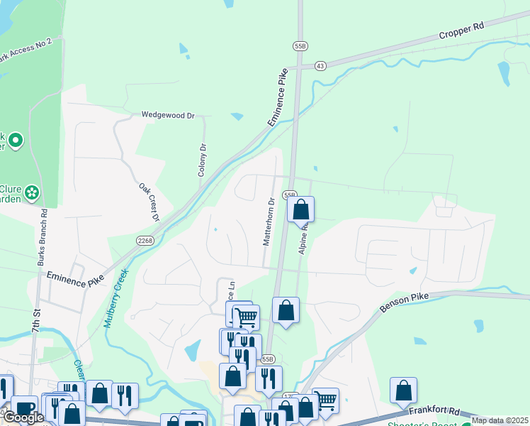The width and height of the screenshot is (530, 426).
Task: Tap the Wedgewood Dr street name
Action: [x=167, y=114]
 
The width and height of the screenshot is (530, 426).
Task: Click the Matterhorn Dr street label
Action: [x=269, y=222]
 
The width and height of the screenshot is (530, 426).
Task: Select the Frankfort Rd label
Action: [x=434, y=411]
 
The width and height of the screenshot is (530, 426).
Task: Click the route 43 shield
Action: [x=321, y=66]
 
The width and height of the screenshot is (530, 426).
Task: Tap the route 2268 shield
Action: [x=145, y=240]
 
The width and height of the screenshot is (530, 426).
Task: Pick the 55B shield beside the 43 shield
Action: [x=299, y=45]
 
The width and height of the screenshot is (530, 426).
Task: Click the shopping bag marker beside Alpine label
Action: [x=300, y=209]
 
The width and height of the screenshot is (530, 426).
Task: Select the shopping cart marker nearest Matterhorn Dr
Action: [x=246, y=317]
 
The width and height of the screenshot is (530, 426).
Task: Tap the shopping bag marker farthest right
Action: [x=403, y=390]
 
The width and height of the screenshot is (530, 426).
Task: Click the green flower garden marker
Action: [x=31, y=192]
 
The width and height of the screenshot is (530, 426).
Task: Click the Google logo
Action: [x=23, y=417]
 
